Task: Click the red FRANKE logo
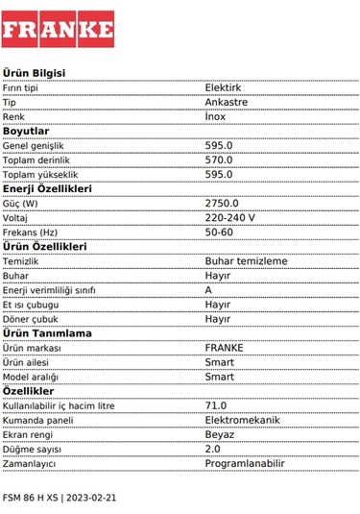58,30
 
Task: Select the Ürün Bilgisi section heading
34,73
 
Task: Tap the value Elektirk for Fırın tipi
224,87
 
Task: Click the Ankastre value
226,102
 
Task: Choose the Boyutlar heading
26,131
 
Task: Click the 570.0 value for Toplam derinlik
219,159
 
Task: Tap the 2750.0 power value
222,203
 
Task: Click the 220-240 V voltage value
230,217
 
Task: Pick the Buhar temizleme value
246,260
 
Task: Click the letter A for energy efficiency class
209,289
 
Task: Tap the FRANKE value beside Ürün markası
225,347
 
